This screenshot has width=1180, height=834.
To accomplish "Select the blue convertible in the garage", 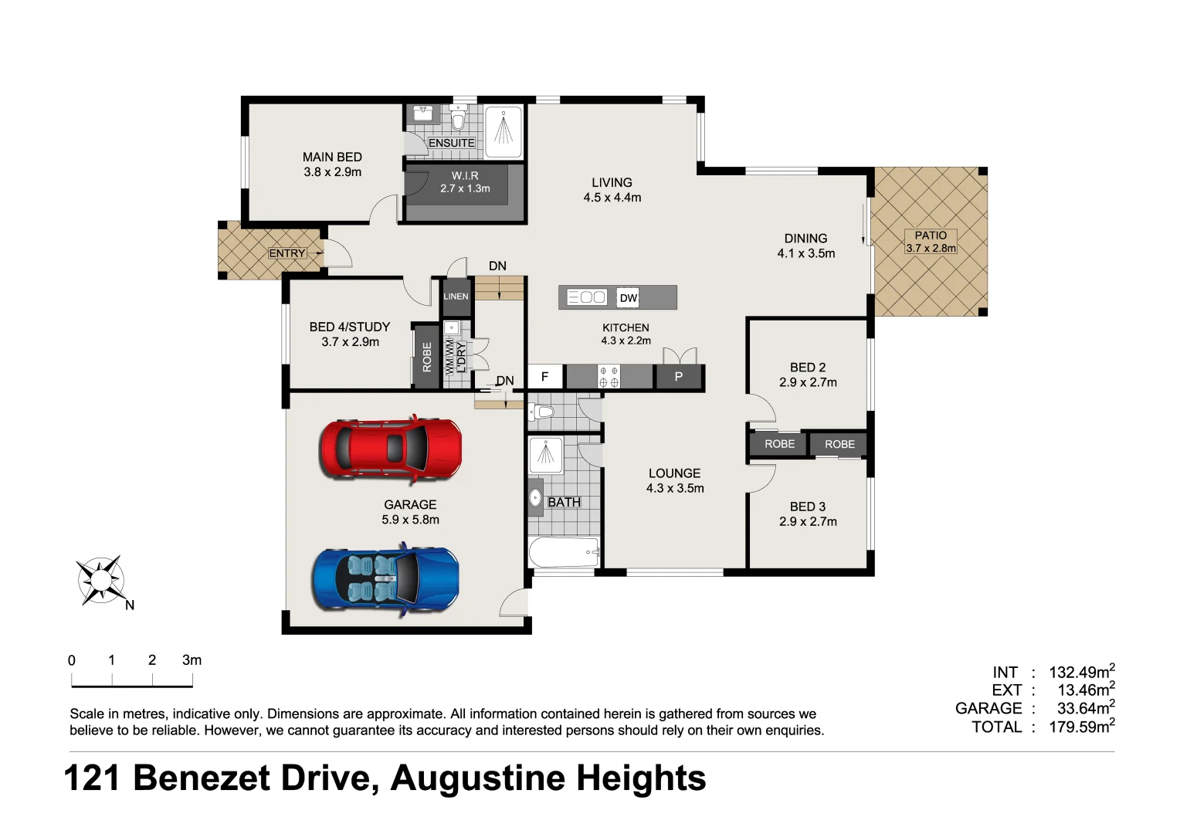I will coord(385,579).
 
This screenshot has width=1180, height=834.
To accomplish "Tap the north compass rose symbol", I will coord(100,579).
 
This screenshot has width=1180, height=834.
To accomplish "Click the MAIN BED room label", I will coord(332,157).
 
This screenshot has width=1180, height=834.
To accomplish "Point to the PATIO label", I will coord(931,236).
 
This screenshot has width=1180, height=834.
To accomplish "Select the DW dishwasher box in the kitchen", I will coord(629,298).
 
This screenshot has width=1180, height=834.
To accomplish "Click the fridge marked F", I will coord(545,377).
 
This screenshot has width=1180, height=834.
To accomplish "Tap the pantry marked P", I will coord(679,377).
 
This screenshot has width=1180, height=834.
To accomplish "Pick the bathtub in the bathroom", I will coord(564,552).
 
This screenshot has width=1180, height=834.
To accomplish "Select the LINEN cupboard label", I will coord(456,297).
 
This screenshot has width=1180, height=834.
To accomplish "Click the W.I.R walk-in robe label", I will coord(465,176).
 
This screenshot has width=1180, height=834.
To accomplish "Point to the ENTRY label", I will coord(287,253).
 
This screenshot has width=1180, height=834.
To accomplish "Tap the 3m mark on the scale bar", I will coord(192,660).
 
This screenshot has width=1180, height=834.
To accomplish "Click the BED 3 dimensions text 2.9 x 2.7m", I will coord(808,522).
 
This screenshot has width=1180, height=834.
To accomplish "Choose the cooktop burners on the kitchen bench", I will coord(609,377).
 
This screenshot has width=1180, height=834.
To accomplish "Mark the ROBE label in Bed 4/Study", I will coord(427,358).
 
